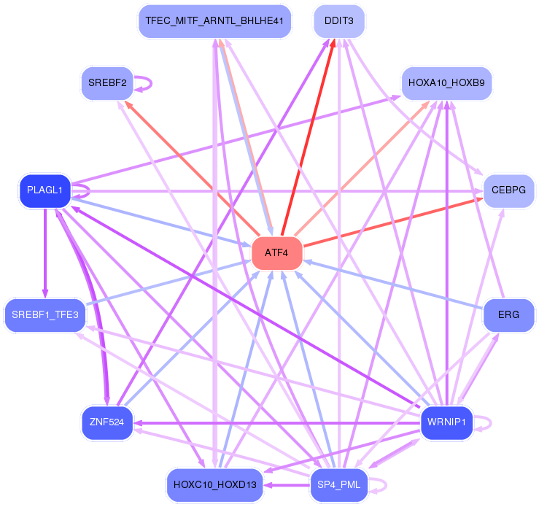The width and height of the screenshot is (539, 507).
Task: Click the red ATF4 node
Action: (x=276, y=253)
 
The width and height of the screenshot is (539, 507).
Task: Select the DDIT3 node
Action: (x=339, y=21)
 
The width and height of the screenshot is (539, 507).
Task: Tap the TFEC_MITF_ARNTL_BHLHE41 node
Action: (x=214, y=21)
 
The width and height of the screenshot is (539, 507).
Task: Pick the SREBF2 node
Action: (x=107, y=82)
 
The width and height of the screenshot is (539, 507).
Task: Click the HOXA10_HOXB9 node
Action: (x=446, y=82)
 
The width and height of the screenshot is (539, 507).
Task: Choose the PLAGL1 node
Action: (x=44, y=190)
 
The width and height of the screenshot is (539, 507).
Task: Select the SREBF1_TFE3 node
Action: (x=45, y=315)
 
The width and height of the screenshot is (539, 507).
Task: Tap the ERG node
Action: (x=508, y=315)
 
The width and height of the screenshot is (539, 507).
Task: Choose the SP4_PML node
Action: (x=339, y=485)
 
